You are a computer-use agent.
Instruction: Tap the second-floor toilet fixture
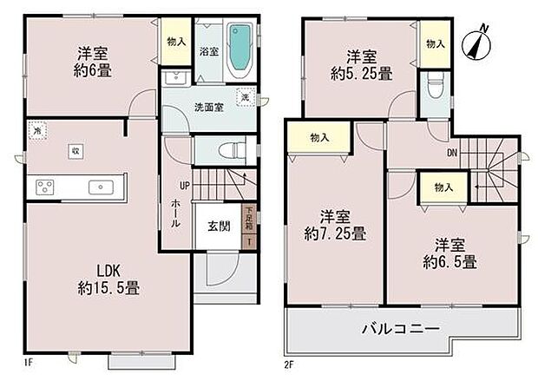[x=434, y=87]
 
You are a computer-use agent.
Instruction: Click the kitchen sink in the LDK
[x=101, y=187]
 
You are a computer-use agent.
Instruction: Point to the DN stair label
[x=452, y=154]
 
